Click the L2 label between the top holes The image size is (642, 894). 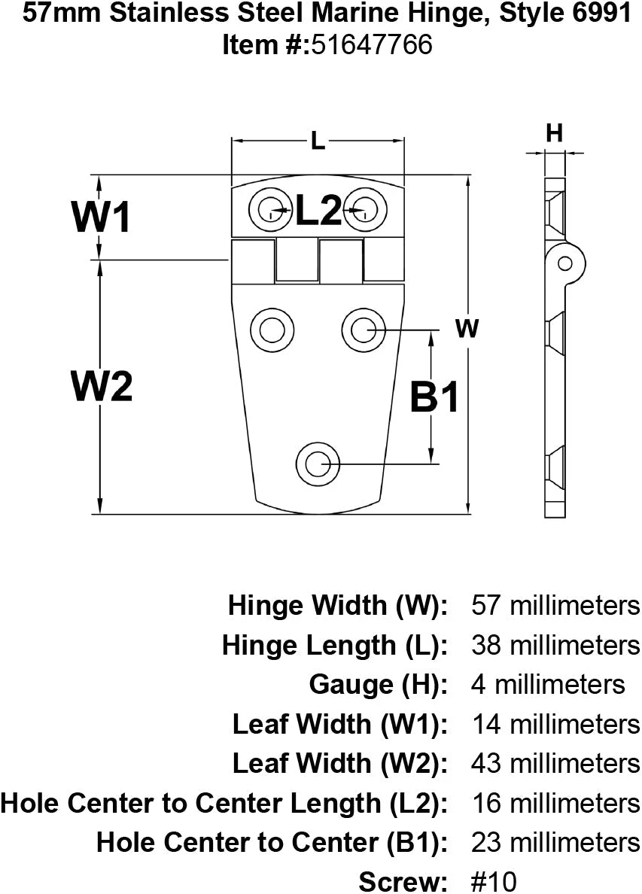(x=318, y=210)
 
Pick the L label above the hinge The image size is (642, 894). (x=318, y=141)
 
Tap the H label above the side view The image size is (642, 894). (x=554, y=134)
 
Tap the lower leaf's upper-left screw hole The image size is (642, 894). (x=269, y=328)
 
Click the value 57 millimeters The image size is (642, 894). (x=555, y=605)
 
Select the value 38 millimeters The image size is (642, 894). (x=555, y=645)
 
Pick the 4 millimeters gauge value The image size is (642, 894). (x=548, y=684)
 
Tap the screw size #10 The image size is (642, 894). (x=494, y=880)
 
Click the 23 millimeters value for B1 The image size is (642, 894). (x=555, y=841)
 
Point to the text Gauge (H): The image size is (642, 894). (x=379, y=684)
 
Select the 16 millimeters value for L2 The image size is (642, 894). (x=555, y=802)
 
